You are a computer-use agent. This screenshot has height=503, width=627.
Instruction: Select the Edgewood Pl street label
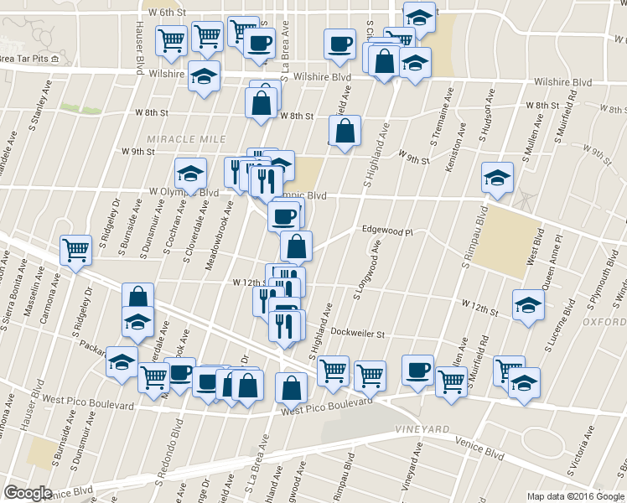tap(388, 230)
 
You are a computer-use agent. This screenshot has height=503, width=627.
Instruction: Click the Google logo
tap(28, 493)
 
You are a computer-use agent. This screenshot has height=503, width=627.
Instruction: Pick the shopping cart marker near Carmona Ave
tap(75, 249)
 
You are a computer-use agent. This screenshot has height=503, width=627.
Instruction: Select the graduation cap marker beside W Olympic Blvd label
tap(190, 174)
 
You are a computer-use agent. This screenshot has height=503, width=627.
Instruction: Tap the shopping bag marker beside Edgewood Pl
tap(296, 246)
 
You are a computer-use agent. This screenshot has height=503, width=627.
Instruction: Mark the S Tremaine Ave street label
tap(440, 117)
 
